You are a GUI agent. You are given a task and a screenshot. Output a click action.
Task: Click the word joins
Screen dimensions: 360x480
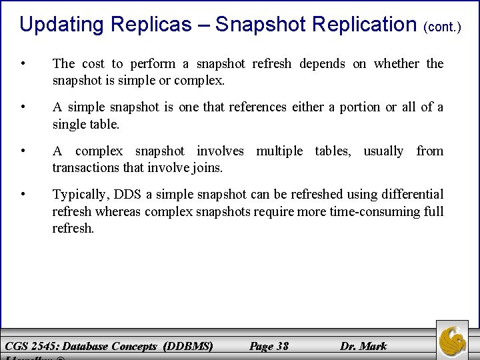[207, 168]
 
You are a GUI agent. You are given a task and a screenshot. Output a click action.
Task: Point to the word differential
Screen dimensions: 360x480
[409, 195]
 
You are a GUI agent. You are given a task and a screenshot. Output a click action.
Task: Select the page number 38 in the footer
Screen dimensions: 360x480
[281, 345]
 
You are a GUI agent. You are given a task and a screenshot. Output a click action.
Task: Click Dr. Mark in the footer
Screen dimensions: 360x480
[363, 345]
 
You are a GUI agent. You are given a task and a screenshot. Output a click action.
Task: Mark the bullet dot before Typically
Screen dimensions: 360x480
[24, 195]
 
